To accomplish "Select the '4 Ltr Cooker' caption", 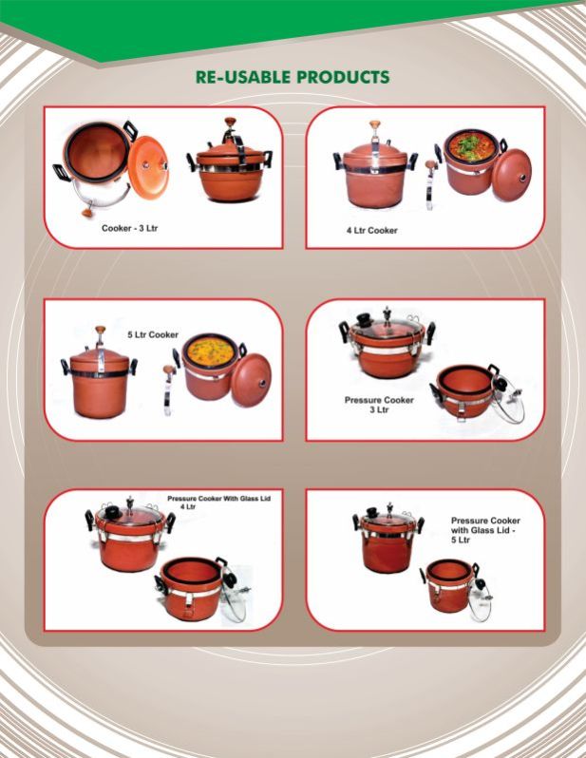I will pyautogui.click(x=371, y=231).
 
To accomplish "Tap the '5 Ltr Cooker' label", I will pyautogui.click(x=153, y=334).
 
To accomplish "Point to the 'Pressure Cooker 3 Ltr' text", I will pyautogui.click(x=379, y=405).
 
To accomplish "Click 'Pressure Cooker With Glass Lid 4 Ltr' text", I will pyautogui.click(x=220, y=501).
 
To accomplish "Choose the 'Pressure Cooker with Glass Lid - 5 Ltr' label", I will pyautogui.click(x=484, y=530).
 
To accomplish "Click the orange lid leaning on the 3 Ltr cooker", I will pyautogui.click(x=147, y=167).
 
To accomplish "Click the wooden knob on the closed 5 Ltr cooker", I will pyautogui.click(x=101, y=331).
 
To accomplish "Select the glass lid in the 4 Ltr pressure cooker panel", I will pyautogui.click(x=234, y=596).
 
